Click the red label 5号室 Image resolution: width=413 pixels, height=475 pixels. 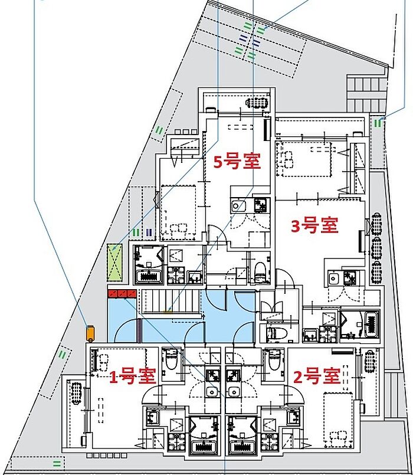click(x=237, y=162)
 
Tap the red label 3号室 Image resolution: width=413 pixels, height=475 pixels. click(x=314, y=225)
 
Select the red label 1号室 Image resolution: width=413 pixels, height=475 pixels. click(x=132, y=376)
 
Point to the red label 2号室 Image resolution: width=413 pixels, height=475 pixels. click(x=317, y=376)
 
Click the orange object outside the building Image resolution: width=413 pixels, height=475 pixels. click(x=90, y=333)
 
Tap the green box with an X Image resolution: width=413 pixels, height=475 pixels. click(x=115, y=262)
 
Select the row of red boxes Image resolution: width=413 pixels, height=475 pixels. click(x=122, y=293)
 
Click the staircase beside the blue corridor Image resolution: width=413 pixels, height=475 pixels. click(x=171, y=301)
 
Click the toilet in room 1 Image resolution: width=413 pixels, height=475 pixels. click(x=171, y=360)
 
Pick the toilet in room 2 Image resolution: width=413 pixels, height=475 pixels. click(x=274, y=360)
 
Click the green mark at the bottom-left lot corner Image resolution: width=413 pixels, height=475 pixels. click(x=57, y=463)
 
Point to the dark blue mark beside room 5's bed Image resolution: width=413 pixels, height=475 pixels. click(x=149, y=232)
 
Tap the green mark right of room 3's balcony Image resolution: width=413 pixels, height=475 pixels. click(x=378, y=123)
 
